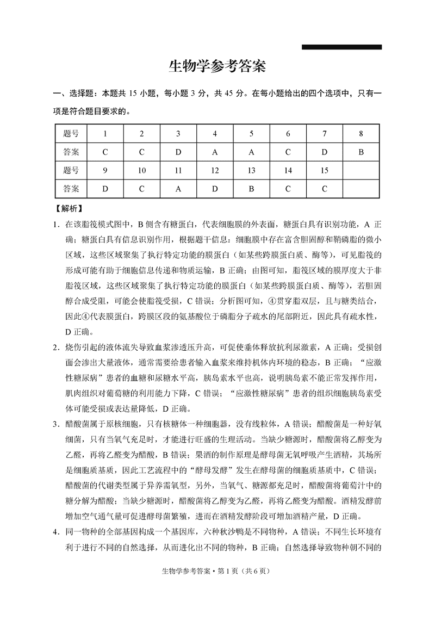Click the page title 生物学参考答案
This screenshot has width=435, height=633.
[x=217, y=67]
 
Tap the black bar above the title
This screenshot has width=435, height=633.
[x=341, y=47]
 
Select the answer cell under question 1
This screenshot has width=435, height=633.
[x=105, y=152]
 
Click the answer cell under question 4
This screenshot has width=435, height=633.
[x=215, y=152]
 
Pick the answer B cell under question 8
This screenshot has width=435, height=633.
[x=361, y=152]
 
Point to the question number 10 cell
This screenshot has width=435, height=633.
[x=141, y=171]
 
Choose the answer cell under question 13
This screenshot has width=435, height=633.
[x=251, y=189]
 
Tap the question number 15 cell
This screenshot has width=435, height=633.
[x=324, y=171]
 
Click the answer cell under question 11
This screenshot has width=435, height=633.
[x=178, y=189]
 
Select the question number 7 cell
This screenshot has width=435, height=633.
[x=324, y=134]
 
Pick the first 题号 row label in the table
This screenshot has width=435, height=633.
[x=71, y=134]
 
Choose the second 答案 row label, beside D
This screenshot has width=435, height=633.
[x=71, y=189]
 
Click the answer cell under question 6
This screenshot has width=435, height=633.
[x=288, y=152]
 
